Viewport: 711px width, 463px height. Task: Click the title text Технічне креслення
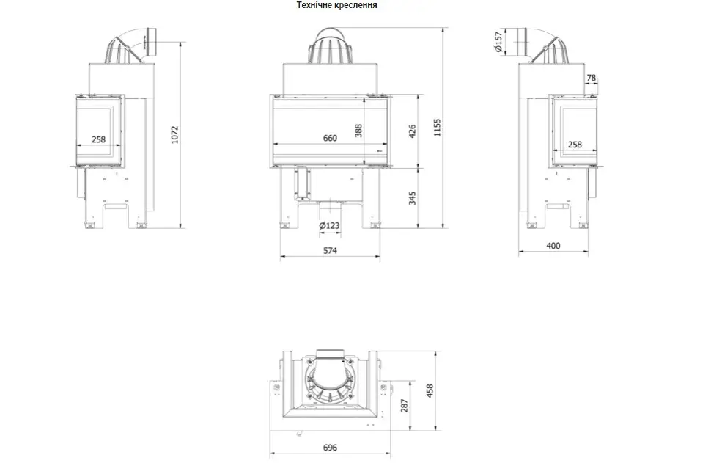pyautogui.click(x=336, y=5)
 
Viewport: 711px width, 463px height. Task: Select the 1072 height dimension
pyautogui.click(x=175, y=135)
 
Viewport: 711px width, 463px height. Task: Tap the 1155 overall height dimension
pyautogui.click(x=437, y=128)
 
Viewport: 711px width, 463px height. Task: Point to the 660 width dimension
pyautogui.click(x=330, y=138)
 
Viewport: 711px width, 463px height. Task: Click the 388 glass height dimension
pyautogui.click(x=358, y=131)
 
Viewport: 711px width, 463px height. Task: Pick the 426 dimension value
pyautogui.click(x=412, y=131)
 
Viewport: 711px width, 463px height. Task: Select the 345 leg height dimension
pyautogui.click(x=412, y=198)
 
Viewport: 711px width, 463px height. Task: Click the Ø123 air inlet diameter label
pyautogui.click(x=329, y=225)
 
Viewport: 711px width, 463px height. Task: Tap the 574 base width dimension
pyautogui.click(x=330, y=250)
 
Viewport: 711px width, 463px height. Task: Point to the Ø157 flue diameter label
pyautogui.click(x=498, y=42)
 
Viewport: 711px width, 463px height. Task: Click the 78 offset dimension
pyautogui.click(x=592, y=78)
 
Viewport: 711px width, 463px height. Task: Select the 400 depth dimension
pyautogui.click(x=553, y=246)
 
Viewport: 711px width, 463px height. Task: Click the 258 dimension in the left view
pyautogui.click(x=98, y=139)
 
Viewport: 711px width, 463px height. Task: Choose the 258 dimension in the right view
pyautogui.click(x=575, y=145)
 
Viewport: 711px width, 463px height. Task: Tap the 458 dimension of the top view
pyautogui.click(x=430, y=391)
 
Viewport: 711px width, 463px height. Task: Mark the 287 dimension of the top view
pyautogui.click(x=405, y=405)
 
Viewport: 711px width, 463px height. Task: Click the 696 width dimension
pyautogui.click(x=330, y=448)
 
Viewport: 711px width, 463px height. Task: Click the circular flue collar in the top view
pyautogui.click(x=330, y=379)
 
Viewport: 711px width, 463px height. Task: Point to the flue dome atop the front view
pyautogui.click(x=330, y=45)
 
